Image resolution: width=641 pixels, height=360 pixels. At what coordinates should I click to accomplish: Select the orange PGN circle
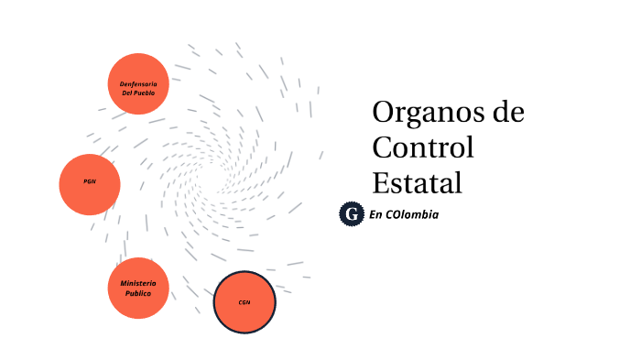pos(90,183)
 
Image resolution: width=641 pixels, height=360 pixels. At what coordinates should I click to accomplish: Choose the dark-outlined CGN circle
pos(244,302)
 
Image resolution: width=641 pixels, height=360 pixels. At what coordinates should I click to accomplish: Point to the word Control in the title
pos(423,147)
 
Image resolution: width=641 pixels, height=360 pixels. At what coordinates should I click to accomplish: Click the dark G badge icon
pos(351,214)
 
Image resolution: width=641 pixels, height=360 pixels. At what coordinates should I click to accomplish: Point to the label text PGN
pos(90,181)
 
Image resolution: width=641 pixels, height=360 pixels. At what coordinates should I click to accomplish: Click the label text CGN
pos(244,302)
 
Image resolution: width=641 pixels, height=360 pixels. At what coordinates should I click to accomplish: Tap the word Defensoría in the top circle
pos(138,83)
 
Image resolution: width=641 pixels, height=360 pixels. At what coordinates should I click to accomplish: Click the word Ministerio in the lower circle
pos(138,283)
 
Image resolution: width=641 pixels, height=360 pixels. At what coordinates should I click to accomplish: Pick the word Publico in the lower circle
pos(138,293)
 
